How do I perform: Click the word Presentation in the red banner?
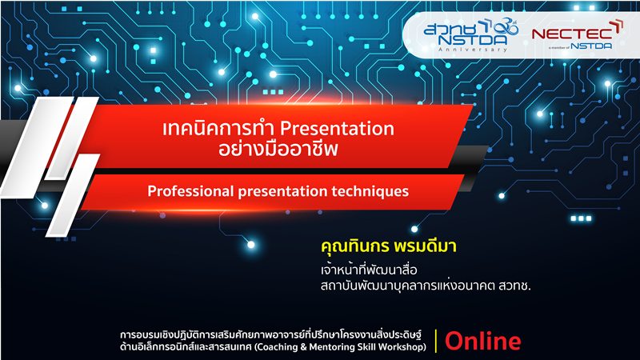click(x=337, y=128)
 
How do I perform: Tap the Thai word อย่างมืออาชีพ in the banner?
click(x=278, y=149)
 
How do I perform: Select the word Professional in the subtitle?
click(x=190, y=191)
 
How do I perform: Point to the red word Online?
click(x=483, y=342)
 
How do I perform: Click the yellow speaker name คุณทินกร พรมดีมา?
click(x=388, y=246)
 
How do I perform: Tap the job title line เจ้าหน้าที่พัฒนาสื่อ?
click(x=369, y=270)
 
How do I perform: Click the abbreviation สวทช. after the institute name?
click(x=514, y=286)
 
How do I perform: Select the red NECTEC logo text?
click(x=572, y=34)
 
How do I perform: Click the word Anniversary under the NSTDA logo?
click(x=473, y=50)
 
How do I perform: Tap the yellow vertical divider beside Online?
click(x=436, y=341)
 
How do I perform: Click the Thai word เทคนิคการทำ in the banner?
click(x=219, y=128)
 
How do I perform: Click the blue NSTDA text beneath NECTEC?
click(x=591, y=46)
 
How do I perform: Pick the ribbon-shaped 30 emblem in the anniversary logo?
click(x=506, y=27)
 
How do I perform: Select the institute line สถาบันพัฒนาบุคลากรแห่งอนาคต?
click(x=408, y=286)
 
